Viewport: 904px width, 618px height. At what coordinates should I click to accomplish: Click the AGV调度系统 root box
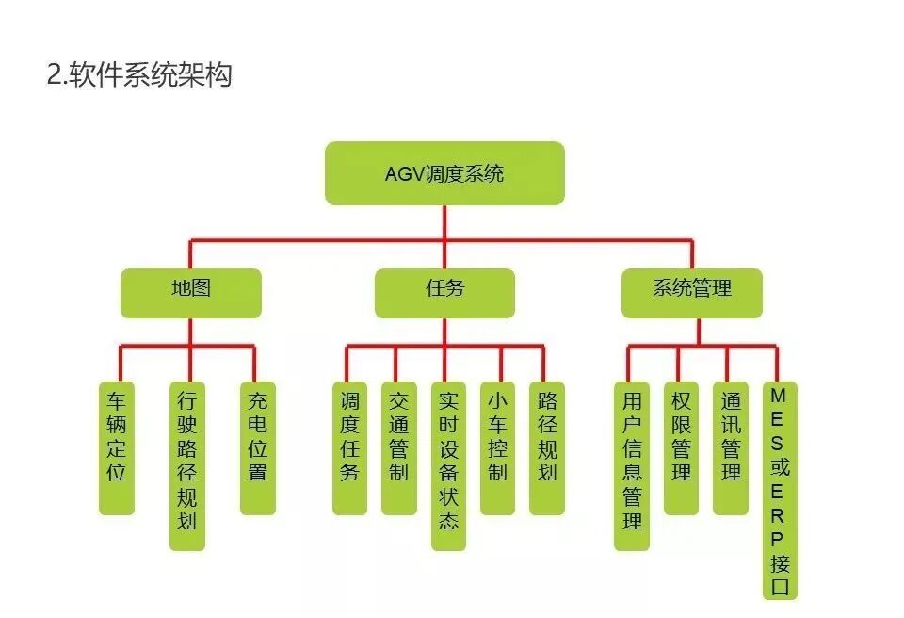pos(444,173)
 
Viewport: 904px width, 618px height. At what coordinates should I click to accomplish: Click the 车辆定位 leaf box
pos(117,447)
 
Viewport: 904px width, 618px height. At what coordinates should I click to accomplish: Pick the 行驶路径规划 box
pos(187,465)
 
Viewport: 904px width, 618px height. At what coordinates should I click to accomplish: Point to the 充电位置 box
pos(257,447)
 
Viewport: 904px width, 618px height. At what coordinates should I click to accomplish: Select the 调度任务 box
pos(349,447)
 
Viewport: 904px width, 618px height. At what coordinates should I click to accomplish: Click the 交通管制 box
pos(398,447)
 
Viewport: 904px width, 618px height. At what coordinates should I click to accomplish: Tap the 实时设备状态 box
pos(448,465)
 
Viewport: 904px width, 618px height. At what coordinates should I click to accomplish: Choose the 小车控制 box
pos(497,447)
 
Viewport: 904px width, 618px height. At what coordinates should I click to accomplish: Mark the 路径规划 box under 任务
pos(546,447)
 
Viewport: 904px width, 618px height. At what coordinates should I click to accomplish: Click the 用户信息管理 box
pos(632,465)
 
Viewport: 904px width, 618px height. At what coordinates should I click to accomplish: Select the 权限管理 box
pos(681,447)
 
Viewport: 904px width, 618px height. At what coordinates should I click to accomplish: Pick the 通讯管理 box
pos(731,447)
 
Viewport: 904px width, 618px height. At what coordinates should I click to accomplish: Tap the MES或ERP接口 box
pos(780,490)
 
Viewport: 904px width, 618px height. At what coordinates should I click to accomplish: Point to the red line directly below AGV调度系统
pos(444,222)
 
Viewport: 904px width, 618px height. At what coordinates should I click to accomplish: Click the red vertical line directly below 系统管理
pos(699,332)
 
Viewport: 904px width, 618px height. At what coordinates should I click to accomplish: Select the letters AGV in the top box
pos(404,174)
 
